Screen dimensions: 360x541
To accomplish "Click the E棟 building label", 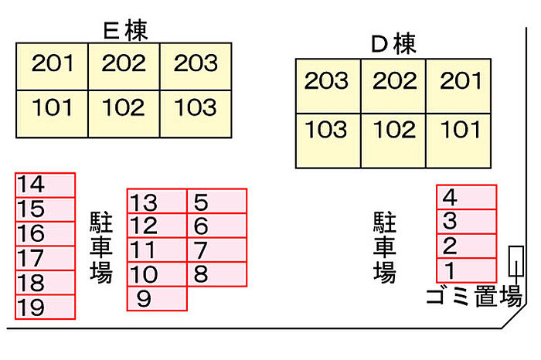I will coord(125,29).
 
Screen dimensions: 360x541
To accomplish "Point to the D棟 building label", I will coord(393,44).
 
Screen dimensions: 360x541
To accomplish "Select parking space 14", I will coord(45,185).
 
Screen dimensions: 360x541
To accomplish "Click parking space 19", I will coord(45,307).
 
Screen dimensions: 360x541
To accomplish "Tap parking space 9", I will coord(157,298).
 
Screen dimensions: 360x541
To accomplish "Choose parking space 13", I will coord(157,202).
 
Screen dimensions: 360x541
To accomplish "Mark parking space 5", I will coord(217,202).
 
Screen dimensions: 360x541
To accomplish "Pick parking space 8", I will coord(217,273).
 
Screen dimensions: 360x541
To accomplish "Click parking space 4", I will coord(466,197).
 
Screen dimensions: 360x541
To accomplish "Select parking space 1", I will coord(466,270).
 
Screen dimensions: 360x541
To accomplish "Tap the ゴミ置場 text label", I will coord(474,297).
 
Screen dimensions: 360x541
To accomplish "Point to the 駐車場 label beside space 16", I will coord(101,249).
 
